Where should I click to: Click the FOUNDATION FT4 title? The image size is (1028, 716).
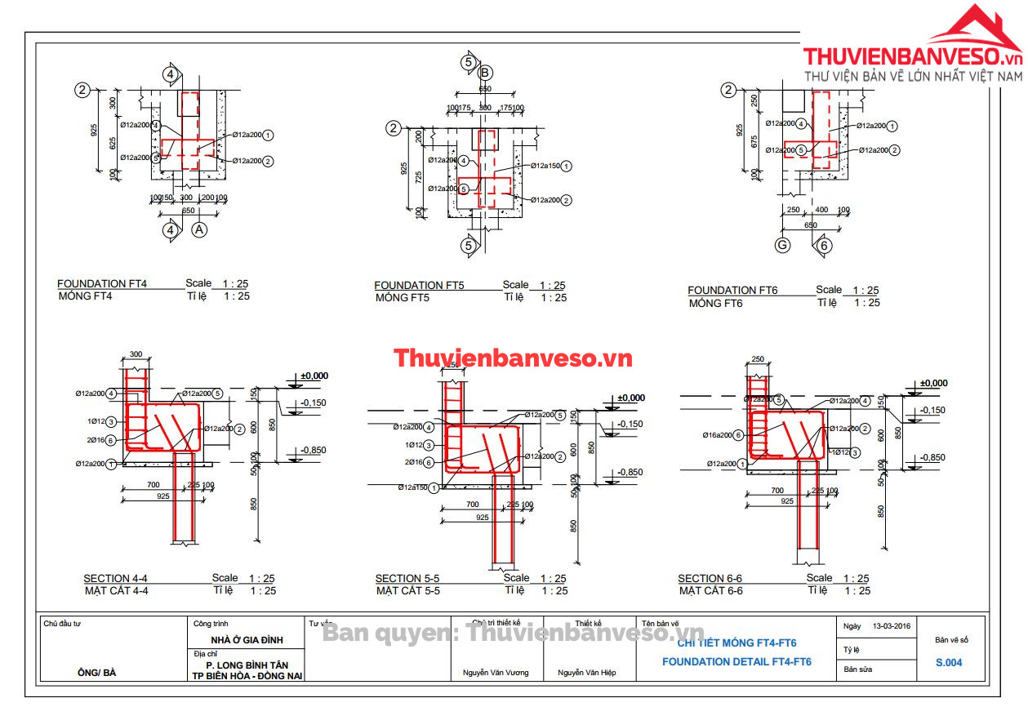click(102, 284)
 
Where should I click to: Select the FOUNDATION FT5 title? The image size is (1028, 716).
click(419, 286)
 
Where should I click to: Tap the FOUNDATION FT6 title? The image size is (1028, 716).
click(732, 291)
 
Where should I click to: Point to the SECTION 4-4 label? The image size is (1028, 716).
click(115, 579)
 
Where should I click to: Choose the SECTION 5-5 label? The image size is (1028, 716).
click(407, 579)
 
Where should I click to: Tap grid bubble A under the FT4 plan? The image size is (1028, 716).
click(199, 230)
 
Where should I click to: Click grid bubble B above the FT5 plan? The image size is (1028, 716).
click(485, 73)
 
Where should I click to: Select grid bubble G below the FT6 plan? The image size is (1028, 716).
click(782, 245)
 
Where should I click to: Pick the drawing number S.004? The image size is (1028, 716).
click(949, 663)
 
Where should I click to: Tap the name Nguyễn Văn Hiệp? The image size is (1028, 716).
click(586, 673)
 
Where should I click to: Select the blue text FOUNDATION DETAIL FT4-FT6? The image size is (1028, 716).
click(737, 662)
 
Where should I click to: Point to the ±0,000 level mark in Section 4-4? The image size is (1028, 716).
click(314, 376)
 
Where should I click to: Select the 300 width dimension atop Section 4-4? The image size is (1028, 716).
click(136, 354)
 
